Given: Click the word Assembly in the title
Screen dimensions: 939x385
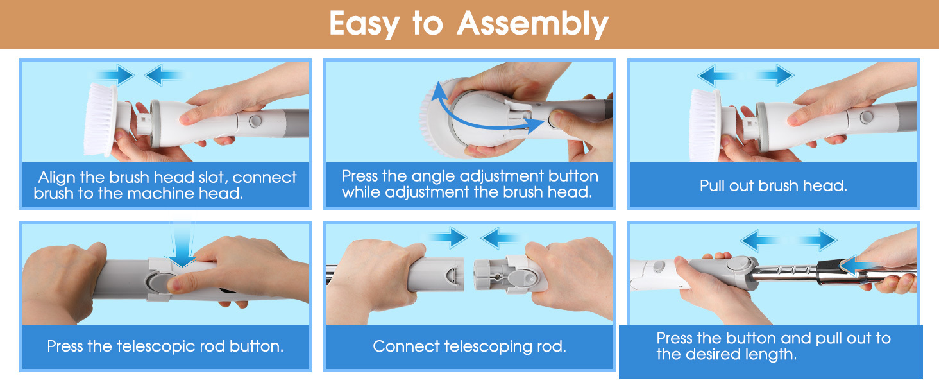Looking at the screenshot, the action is pos(532,24).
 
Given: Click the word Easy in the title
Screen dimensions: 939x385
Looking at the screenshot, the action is pos(364,25).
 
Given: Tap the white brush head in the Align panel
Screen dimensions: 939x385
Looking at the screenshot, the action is pos(101,119).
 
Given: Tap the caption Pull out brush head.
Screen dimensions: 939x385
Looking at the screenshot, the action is pos(774,186).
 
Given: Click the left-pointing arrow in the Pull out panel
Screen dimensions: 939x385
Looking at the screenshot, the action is pos(718,76).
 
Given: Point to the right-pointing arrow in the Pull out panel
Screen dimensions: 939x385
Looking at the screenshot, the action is pos(774,76).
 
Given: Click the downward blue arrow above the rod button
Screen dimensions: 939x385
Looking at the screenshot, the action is pos(183,248).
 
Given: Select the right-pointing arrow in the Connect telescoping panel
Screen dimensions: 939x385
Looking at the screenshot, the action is pos(448,238).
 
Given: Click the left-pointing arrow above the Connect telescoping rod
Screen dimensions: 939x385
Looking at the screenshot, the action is pos(502,238).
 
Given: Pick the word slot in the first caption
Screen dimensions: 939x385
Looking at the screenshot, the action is pos(213,178).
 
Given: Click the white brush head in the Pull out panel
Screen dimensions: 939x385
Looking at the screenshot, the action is pos(706,125).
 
